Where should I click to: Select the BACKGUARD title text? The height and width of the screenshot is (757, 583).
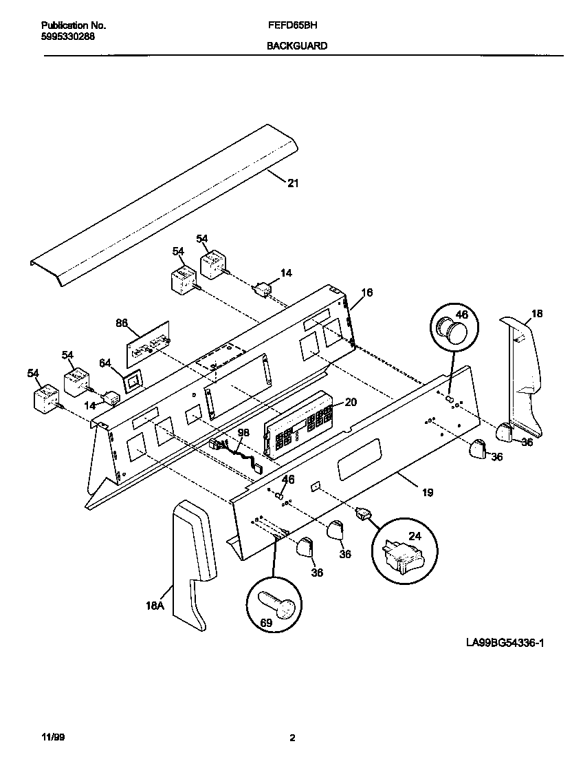[296, 46]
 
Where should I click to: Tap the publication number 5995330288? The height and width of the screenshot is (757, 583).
[63, 36]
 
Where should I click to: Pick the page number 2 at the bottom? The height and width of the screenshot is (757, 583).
[292, 738]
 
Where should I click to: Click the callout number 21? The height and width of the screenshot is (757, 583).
[293, 183]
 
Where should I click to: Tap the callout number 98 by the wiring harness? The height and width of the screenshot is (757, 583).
[243, 432]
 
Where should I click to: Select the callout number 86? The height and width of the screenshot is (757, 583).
[122, 322]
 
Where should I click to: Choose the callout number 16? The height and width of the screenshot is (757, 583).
[366, 292]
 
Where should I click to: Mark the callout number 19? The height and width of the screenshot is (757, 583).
[427, 492]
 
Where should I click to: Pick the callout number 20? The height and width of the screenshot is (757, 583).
[350, 403]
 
